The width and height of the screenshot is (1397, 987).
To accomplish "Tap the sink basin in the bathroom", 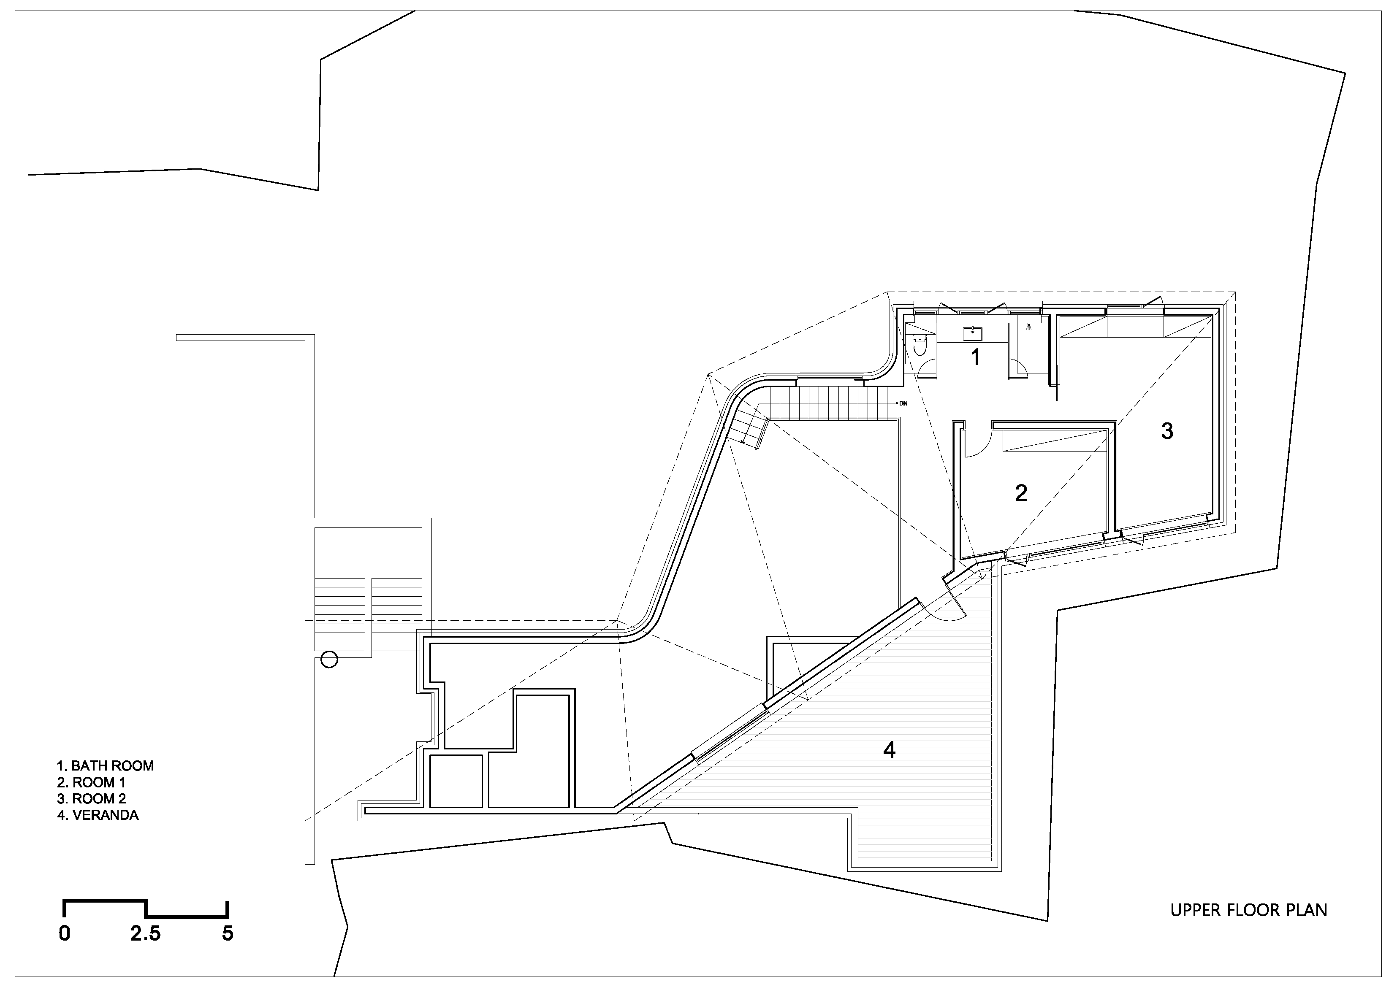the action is tap(972, 333).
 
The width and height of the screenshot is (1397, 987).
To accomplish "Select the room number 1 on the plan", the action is tap(975, 357).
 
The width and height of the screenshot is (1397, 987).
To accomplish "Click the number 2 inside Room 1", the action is tap(1021, 492).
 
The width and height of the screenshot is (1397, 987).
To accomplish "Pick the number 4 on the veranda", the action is tap(889, 750).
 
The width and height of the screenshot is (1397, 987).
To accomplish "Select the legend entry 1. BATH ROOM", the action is tap(105, 765).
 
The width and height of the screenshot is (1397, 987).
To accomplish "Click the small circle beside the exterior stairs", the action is tap(329, 659).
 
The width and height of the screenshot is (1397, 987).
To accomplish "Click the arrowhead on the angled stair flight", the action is tap(743, 441).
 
